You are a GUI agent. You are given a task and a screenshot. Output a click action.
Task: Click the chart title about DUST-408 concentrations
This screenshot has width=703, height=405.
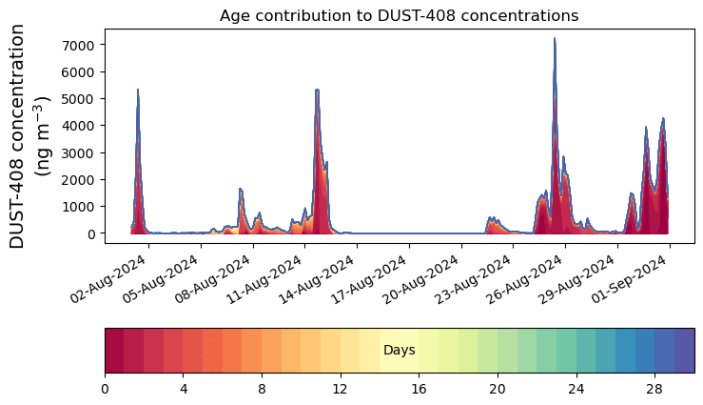click(x=399, y=15)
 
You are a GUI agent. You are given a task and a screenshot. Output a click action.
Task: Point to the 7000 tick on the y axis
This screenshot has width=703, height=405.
click(x=79, y=45)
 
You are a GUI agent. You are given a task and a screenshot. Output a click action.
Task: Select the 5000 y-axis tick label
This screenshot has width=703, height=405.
click(x=79, y=99)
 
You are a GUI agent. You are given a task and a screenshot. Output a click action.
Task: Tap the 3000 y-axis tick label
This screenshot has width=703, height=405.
click(x=79, y=152)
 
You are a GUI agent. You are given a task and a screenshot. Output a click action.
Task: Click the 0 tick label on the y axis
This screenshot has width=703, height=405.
click(x=92, y=233)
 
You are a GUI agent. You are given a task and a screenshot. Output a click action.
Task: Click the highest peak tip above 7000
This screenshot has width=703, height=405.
click(x=555, y=39)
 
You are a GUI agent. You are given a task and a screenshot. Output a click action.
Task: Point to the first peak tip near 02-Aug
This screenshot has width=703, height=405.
click(x=138, y=90)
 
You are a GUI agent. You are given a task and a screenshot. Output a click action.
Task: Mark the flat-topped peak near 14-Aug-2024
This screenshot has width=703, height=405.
click(x=317, y=90)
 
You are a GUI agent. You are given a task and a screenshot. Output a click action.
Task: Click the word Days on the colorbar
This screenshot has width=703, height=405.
click(x=399, y=351)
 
